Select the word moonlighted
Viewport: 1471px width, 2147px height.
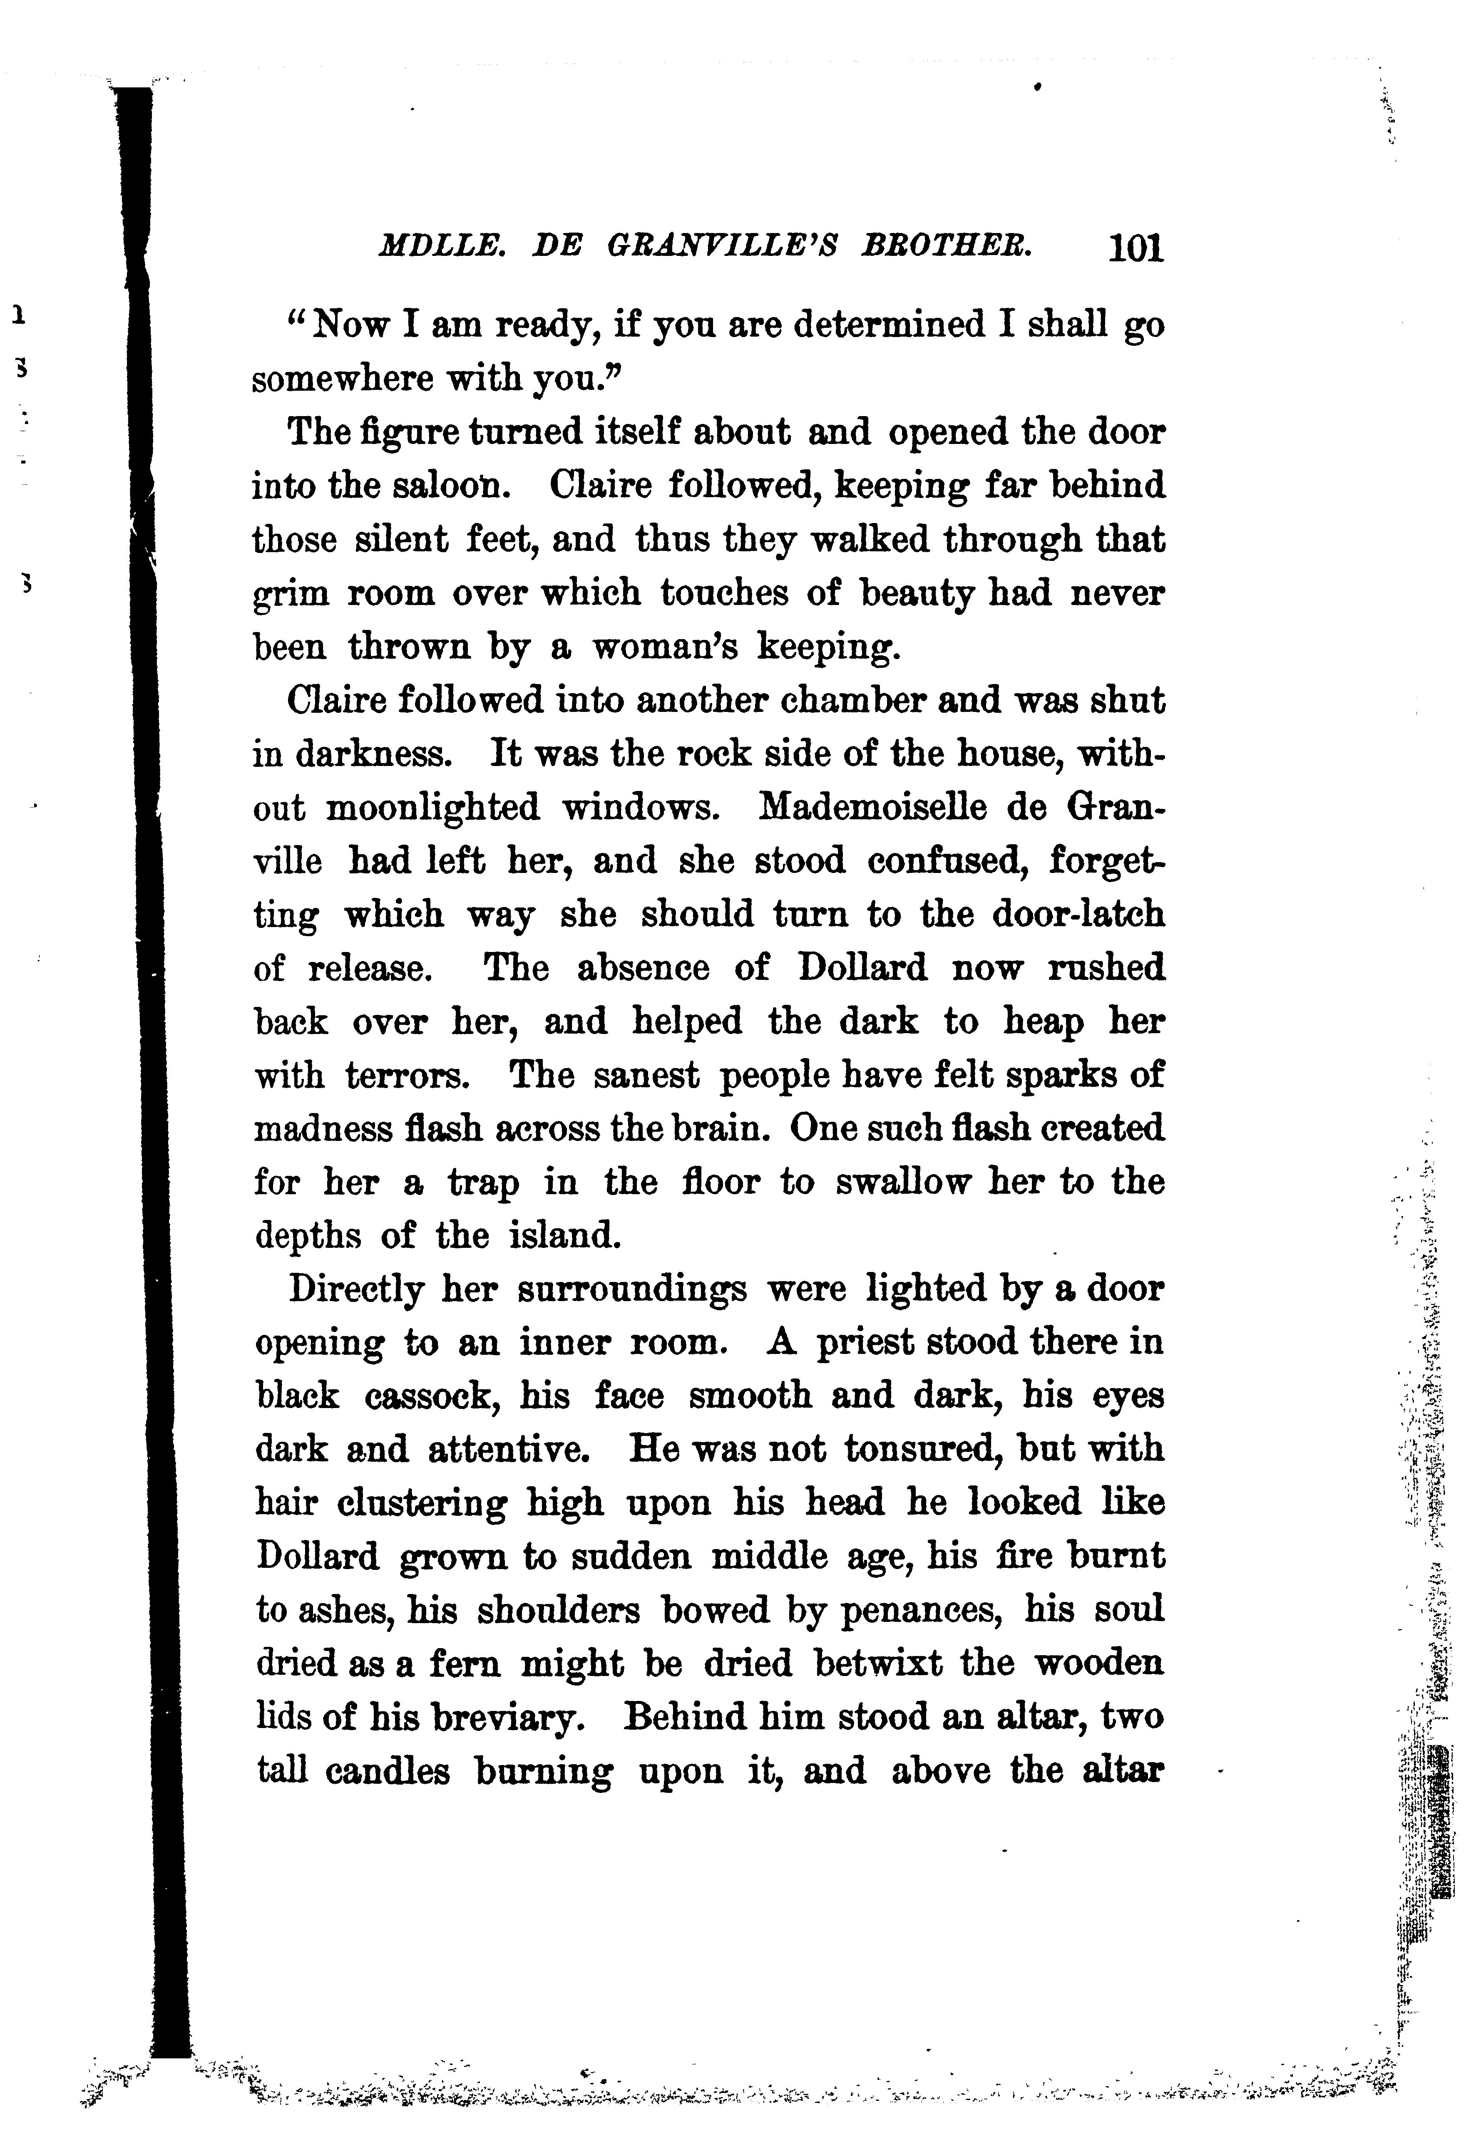click(432, 808)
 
